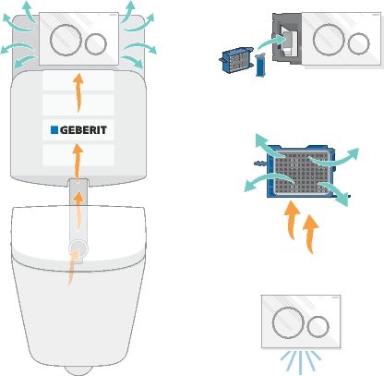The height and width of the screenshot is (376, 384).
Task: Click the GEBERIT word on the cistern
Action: click(x=83, y=130)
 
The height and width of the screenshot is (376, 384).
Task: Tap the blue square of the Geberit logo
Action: click(x=54, y=130)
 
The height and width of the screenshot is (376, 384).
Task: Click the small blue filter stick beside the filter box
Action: click(x=260, y=65)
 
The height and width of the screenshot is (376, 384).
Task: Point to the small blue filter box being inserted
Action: click(x=237, y=59)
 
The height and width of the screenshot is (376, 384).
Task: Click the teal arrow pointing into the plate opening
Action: click(x=270, y=42)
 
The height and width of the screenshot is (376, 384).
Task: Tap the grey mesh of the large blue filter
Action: click(x=300, y=173)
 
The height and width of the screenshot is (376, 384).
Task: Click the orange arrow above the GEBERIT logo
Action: click(x=78, y=92)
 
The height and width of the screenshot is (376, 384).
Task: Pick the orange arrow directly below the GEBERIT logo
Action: click(x=78, y=163)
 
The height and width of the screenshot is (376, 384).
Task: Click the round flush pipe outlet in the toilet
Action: click(x=78, y=249)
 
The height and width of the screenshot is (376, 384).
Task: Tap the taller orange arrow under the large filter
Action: click(x=311, y=234)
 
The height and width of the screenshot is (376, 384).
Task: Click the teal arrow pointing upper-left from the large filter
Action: click(x=269, y=146)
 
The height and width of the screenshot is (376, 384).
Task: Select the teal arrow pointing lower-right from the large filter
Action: click(x=334, y=192)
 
